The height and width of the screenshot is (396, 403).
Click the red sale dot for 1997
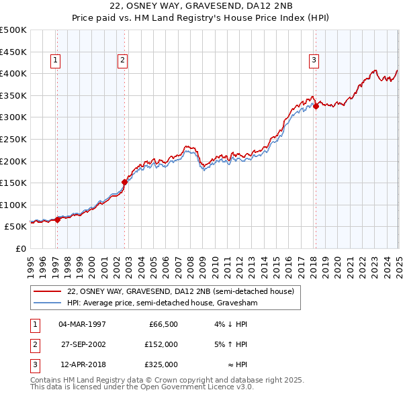click(57, 219)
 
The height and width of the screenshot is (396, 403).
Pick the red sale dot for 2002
click(125, 181)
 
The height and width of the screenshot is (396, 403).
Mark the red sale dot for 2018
click(316, 105)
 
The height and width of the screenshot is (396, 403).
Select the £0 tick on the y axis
click(20, 248)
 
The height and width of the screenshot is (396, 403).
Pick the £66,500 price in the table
click(163, 324)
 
